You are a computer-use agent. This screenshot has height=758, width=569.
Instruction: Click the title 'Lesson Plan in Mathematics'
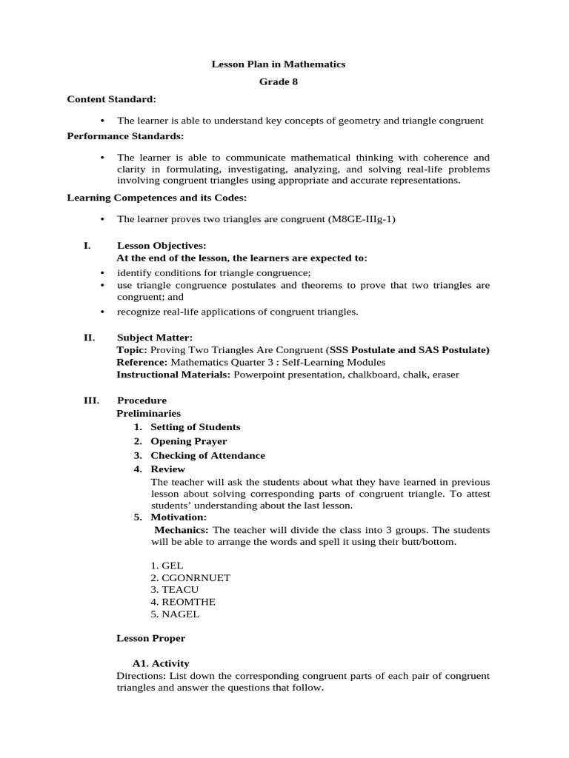[279, 64]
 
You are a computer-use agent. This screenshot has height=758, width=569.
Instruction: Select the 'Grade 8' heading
[279, 81]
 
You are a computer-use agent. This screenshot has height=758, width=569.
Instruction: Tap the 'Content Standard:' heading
[111, 98]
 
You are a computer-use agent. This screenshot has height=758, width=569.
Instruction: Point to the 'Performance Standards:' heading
[125, 136]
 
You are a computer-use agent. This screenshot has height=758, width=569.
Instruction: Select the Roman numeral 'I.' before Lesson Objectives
[87, 245]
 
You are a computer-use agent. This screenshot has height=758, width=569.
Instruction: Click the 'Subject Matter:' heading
[154, 337]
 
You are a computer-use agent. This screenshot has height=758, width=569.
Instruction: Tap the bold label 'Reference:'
[142, 362]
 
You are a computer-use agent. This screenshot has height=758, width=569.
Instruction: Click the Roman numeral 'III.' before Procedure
[90, 400]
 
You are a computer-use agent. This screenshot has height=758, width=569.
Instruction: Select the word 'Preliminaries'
[148, 413]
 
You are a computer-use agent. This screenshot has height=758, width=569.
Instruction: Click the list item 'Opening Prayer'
[188, 441]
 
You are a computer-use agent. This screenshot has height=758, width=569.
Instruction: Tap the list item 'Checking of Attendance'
[207, 455]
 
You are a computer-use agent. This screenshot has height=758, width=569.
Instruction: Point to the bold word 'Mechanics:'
[182, 530]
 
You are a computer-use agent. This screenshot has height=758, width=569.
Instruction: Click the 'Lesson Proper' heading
[151, 637]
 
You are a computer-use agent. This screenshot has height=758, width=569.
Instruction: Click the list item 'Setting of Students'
[195, 427]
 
